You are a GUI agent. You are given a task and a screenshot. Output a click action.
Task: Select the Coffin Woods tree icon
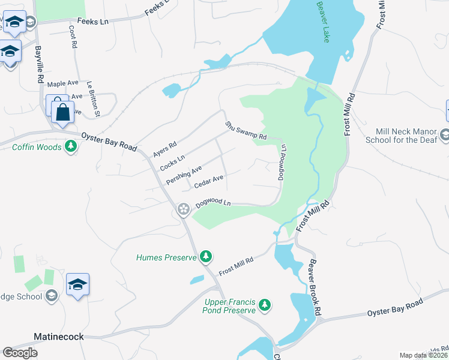[x=71, y=146]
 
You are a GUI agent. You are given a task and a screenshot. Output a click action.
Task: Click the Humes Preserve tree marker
[x=206, y=257]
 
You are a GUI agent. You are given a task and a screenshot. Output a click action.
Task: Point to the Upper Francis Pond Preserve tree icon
[x=264, y=305]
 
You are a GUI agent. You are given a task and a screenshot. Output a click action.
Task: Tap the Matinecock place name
[x=58, y=337]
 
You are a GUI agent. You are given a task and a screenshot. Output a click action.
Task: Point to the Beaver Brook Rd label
[x=316, y=278]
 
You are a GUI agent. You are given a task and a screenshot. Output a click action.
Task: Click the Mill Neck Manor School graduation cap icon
[x=445, y=135]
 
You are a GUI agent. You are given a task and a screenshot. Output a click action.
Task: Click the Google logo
[x=20, y=353]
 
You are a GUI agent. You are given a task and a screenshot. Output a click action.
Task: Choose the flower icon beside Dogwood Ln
[x=183, y=209]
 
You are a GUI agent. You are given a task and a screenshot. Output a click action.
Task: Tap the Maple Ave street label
[x=63, y=84]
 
